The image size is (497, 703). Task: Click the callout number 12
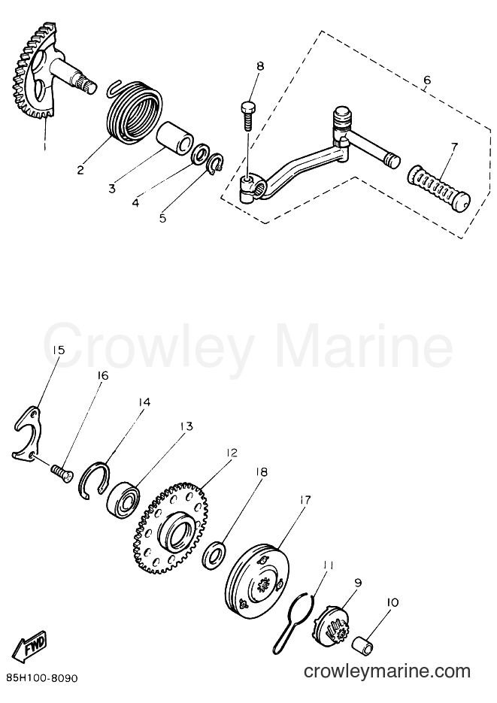coord(232,453)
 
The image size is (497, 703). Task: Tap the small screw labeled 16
coord(62,474)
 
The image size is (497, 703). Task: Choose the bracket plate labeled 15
coord(27,432)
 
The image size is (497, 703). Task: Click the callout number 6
coord(426,80)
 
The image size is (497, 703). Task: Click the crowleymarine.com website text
coord(386,671)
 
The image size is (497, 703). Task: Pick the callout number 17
coord(305,500)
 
